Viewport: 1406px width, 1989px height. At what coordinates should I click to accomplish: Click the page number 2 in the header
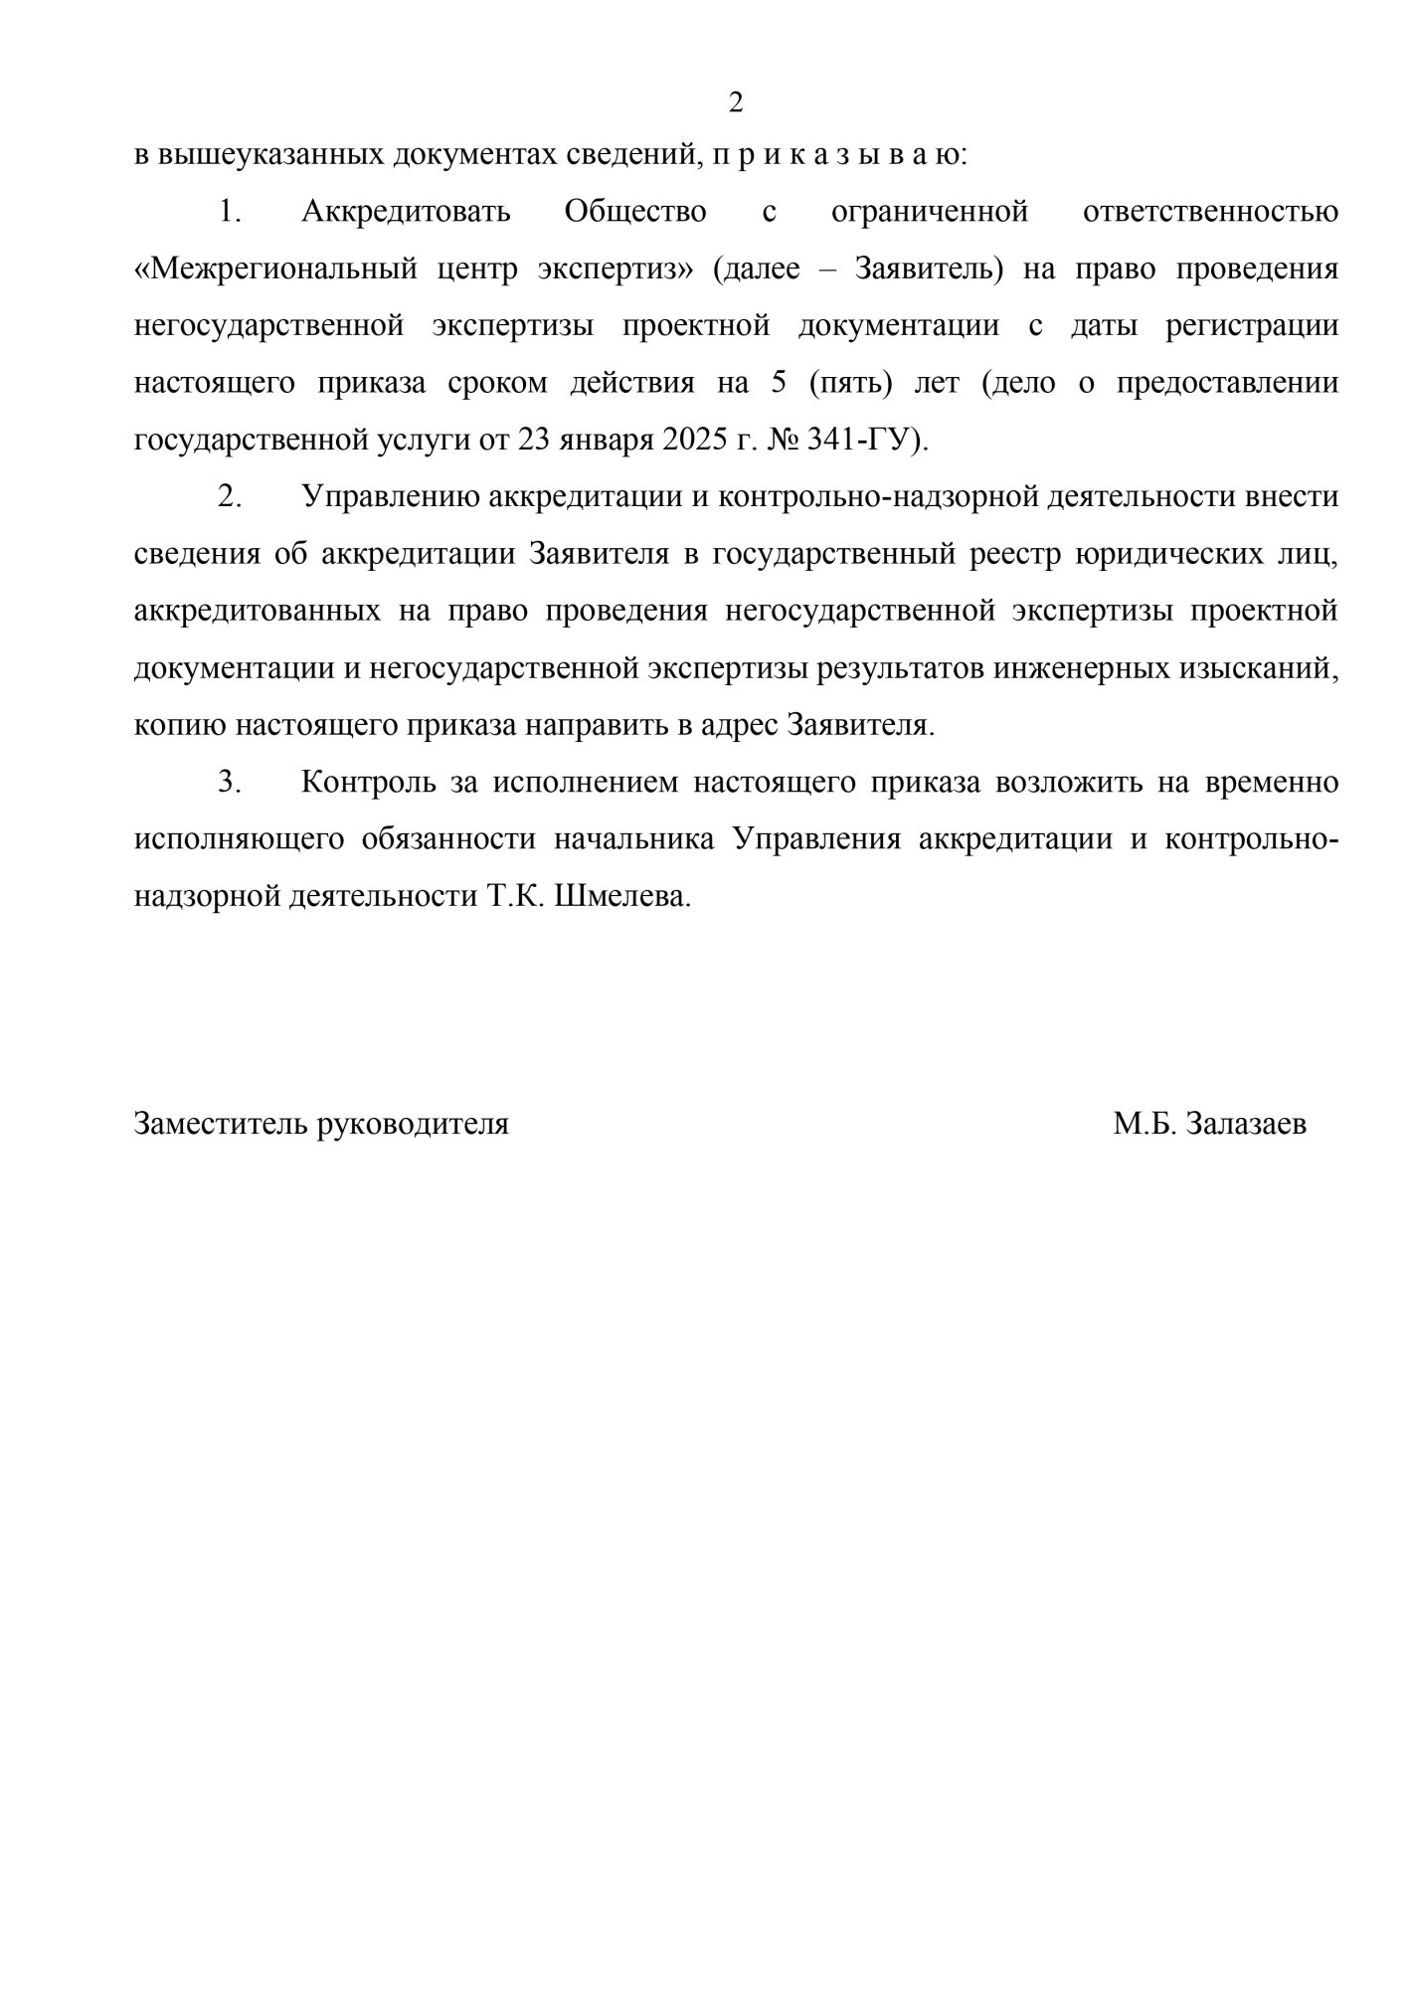click(736, 102)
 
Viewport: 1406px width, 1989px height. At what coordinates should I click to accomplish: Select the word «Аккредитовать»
click(406, 212)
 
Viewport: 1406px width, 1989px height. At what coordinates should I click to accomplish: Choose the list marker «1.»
click(230, 212)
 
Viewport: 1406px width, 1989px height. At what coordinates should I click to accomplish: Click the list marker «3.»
click(230, 783)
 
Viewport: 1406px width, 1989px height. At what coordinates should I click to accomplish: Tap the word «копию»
click(179, 725)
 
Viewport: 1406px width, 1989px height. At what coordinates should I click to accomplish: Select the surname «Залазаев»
click(1247, 1125)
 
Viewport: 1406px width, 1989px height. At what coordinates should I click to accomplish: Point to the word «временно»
click(1270, 783)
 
